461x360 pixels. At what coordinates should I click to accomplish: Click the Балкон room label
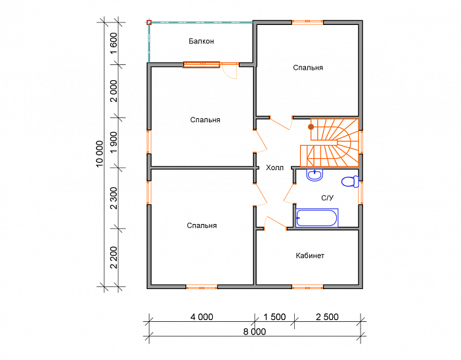click(201, 41)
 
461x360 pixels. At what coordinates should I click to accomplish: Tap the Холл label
click(274, 168)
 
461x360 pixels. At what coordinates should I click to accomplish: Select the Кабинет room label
click(310, 256)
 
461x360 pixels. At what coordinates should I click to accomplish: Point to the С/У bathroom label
click(327, 198)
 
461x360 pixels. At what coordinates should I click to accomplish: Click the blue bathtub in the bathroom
click(317, 218)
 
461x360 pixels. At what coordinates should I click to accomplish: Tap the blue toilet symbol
click(350, 181)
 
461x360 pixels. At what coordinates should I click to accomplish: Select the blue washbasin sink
click(315, 175)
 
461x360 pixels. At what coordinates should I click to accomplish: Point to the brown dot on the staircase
click(311, 127)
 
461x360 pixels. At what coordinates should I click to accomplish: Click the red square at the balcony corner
click(149, 22)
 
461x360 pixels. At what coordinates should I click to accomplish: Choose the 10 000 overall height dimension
click(100, 154)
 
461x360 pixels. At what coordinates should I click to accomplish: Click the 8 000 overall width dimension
click(255, 332)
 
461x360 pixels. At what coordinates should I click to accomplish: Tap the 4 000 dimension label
click(202, 317)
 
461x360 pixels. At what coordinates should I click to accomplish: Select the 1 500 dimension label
click(274, 317)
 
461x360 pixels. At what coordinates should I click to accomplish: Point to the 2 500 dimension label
click(327, 317)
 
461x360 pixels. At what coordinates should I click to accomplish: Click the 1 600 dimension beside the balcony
click(114, 43)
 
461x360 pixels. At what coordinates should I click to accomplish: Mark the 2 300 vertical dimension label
click(114, 198)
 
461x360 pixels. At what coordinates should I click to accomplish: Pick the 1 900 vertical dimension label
click(114, 143)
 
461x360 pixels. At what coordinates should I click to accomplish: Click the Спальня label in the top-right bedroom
click(308, 68)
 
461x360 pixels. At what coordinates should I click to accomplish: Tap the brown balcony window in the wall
click(201, 64)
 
